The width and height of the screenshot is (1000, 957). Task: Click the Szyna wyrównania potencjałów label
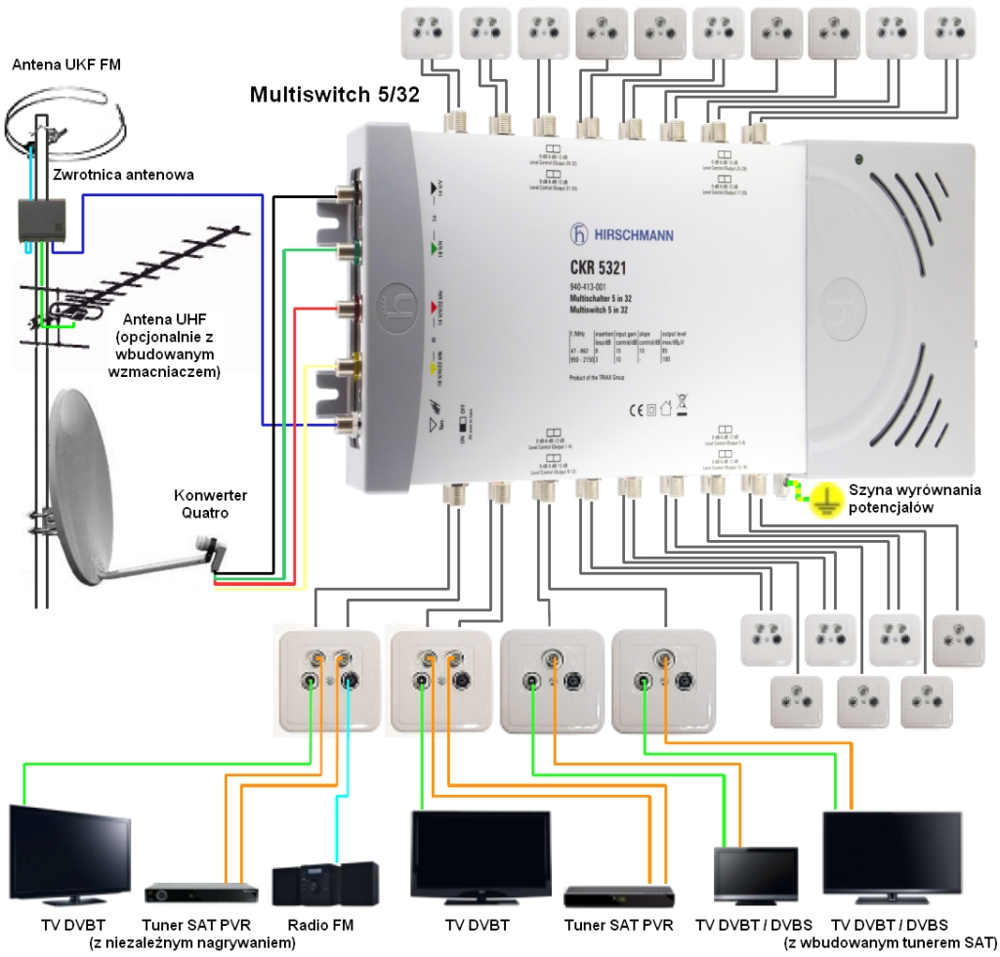914,499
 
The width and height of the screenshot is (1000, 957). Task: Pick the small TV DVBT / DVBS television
750,872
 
